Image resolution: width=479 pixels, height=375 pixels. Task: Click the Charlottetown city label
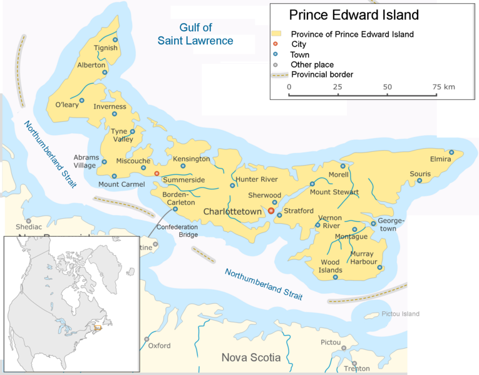[232, 212]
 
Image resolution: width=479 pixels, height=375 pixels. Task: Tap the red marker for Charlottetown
[271, 211]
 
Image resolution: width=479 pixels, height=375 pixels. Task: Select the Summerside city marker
[157, 173]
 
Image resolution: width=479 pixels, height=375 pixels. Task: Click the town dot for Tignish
[115, 40]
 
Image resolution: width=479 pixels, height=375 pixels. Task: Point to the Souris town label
[420, 173]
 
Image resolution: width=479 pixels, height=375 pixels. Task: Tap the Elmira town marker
[451, 152]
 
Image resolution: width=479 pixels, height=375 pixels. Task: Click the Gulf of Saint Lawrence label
[195, 34]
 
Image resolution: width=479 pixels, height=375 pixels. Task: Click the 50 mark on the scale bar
[388, 86]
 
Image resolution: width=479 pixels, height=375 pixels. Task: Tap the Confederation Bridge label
[177, 231]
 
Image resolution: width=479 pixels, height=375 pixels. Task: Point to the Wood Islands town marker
[336, 277]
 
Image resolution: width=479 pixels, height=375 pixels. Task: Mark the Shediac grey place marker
[28, 221]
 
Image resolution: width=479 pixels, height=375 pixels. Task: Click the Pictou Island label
[401, 314]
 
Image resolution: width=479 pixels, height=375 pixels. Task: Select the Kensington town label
[191, 159]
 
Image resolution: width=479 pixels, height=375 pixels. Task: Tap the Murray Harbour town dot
[379, 267]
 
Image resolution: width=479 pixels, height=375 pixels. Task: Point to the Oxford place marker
[147, 339]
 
